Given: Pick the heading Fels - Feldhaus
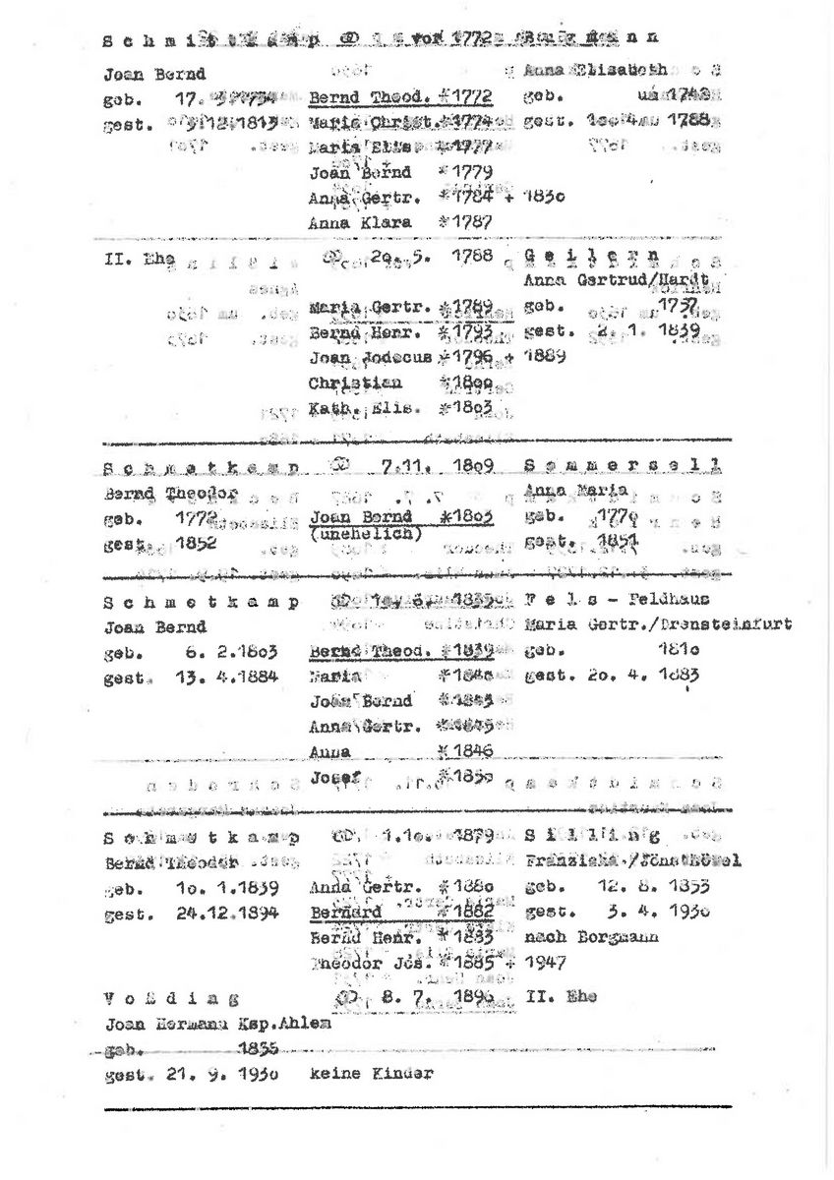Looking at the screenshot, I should [617, 600].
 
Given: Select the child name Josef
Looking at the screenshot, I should [331, 778].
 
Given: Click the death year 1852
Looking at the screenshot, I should [196, 542].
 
